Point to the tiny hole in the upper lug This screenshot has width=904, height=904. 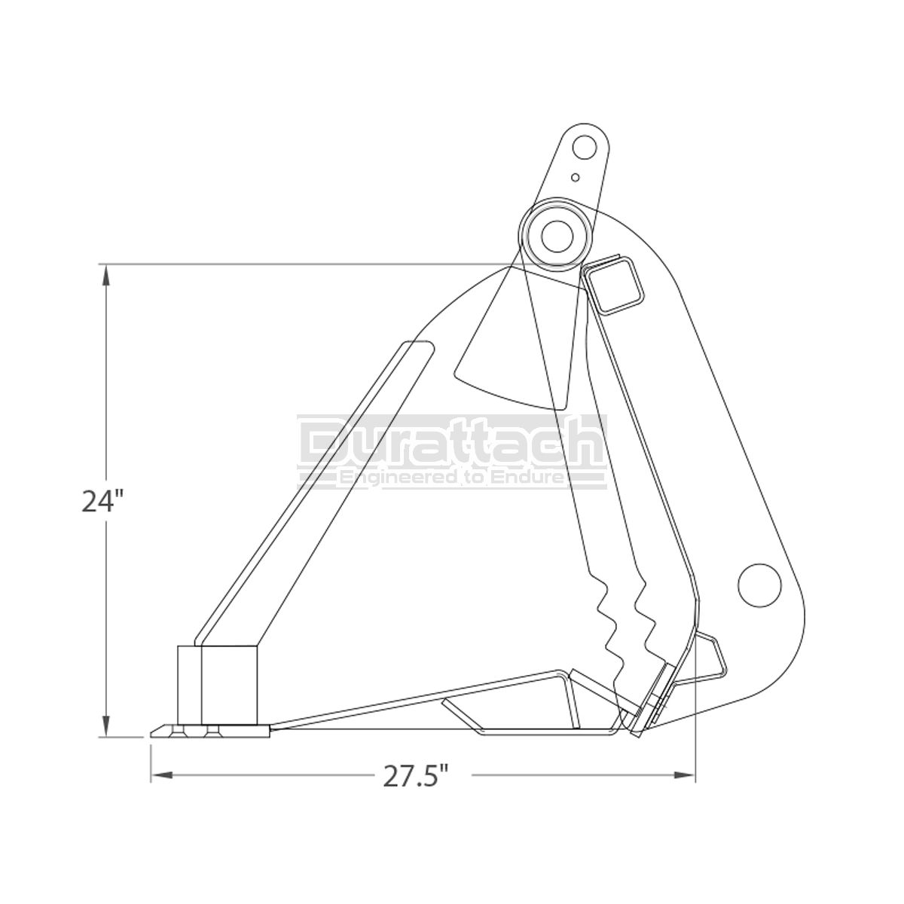576,177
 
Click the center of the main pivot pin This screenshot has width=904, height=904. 557,236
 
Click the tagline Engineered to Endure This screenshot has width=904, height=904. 451,478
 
